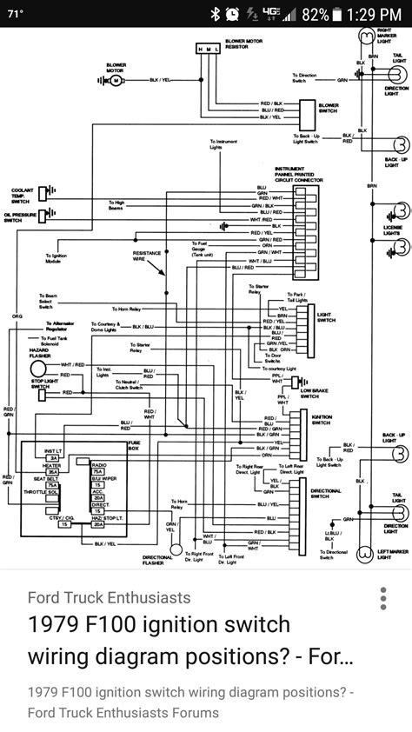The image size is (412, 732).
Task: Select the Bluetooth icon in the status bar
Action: click(x=215, y=14)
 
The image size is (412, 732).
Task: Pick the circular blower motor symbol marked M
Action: click(x=112, y=81)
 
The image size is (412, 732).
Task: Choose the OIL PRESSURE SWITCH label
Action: click(x=22, y=216)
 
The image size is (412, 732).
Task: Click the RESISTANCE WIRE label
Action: click(x=148, y=255)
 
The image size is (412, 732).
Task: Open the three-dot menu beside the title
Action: click(x=382, y=600)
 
